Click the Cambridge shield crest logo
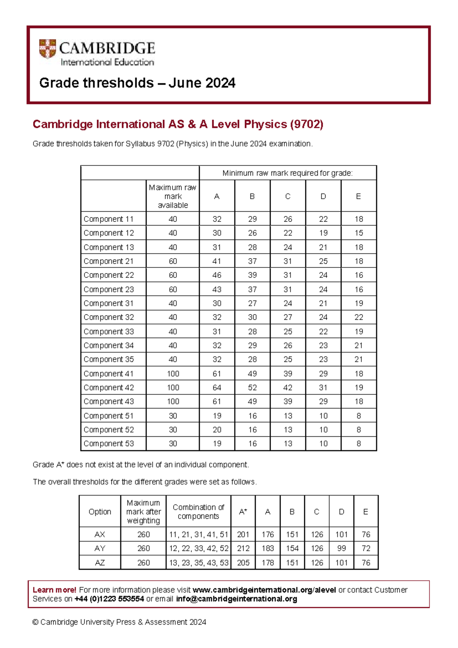tap(47, 49)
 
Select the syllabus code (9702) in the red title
tap(306, 124)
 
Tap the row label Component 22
tap(109, 275)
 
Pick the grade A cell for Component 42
tap(217, 387)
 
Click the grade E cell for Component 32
tap(358, 317)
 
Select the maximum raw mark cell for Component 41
tap(173, 374)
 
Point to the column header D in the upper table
tap(323, 196)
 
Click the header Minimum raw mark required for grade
tap(287, 173)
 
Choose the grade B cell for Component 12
tap(252, 233)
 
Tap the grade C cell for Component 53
tap(288, 444)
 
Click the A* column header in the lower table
tap(243, 512)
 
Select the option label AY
tap(100, 548)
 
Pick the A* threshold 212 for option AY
tap(243, 548)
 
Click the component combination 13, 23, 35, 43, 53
tap(198, 562)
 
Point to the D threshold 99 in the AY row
tap(341, 548)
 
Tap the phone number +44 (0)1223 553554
tap(109, 599)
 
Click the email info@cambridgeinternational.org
tap(236, 599)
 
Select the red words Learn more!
tap(54, 590)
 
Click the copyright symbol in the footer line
tap(35, 622)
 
